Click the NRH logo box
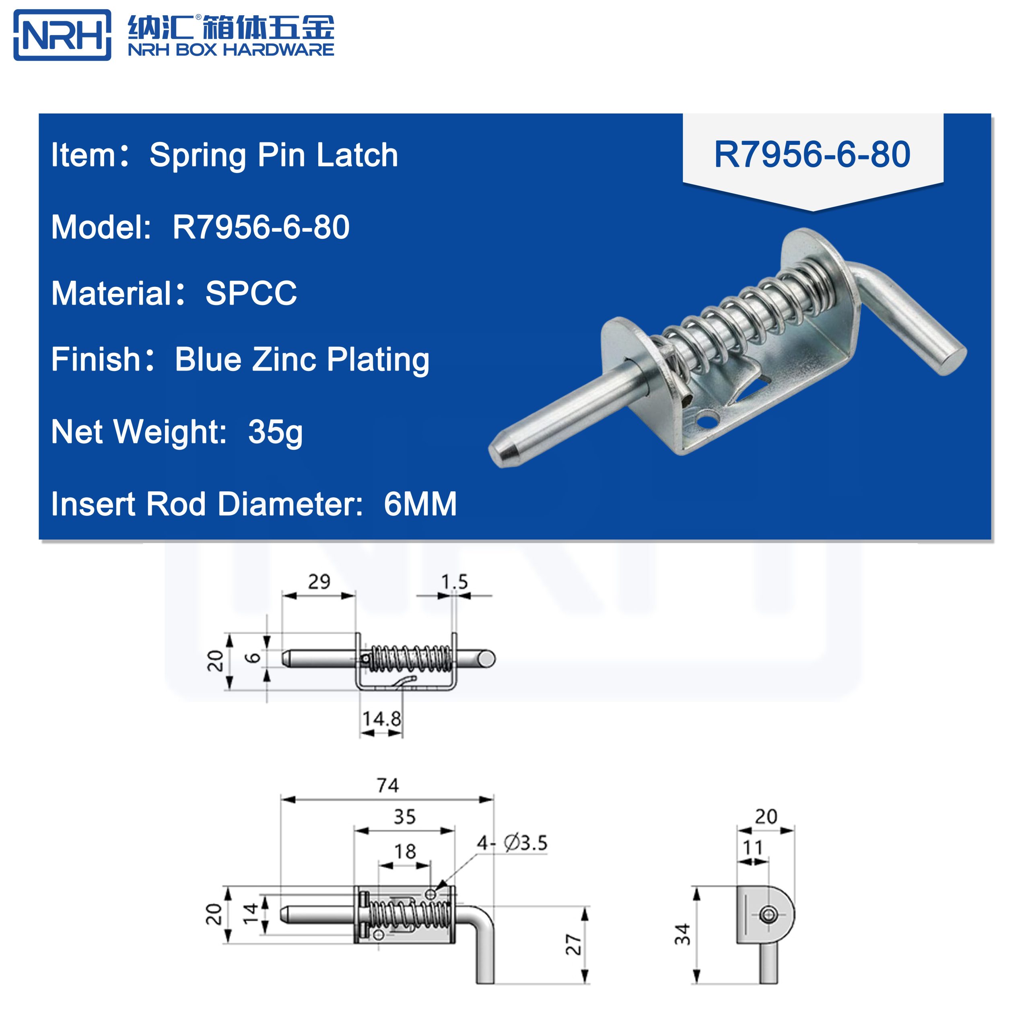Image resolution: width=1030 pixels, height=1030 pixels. pyautogui.click(x=62, y=35)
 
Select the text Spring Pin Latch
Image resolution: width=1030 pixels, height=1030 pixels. pyautogui.click(x=274, y=155)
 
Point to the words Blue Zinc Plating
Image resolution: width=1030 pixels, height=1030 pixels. pyautogui.click(x=302, y=359)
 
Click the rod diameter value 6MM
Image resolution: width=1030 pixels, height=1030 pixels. pyautogui.click(x=420, y=504)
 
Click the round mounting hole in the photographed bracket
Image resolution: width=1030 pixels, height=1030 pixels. pyautogui.click(x=707, y=420)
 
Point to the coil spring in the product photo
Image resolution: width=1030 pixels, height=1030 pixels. pyautogui.click(x=746, y=315)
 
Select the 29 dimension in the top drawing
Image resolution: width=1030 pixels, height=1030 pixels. pyautogui.click(x=319, y=581)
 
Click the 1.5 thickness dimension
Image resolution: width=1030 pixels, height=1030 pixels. pyautogui.click(x=454, y=581)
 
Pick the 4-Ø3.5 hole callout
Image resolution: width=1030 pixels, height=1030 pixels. pyautogui.click(x=512, y=843)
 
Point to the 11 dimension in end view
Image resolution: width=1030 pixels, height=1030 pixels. pyautogui.click(x=753, y=848)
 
